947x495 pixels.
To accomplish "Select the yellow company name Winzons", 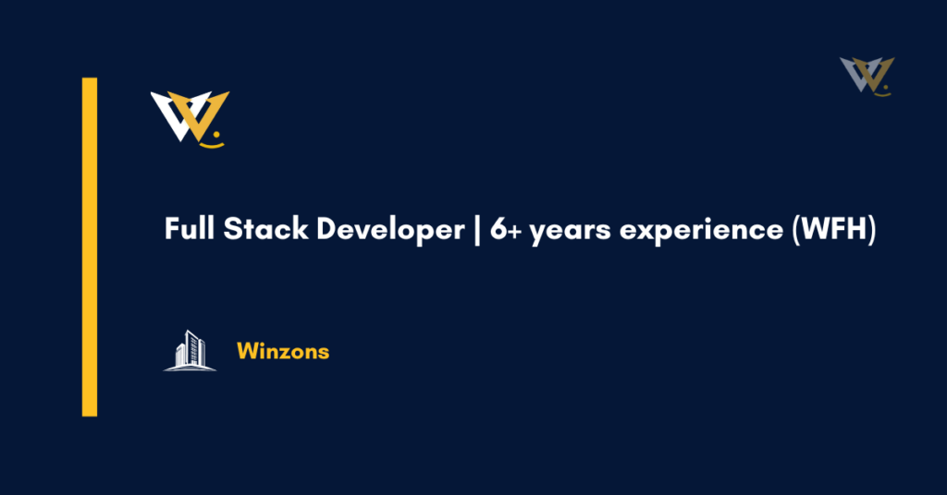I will point(283,352).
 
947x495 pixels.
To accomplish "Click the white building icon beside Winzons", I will point(190,351).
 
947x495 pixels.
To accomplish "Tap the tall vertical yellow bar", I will point(90,247).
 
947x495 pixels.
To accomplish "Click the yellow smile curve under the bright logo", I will point(213,144).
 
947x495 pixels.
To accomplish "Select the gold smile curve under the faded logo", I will point(883,93).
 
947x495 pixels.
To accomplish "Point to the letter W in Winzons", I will point(246,352).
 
